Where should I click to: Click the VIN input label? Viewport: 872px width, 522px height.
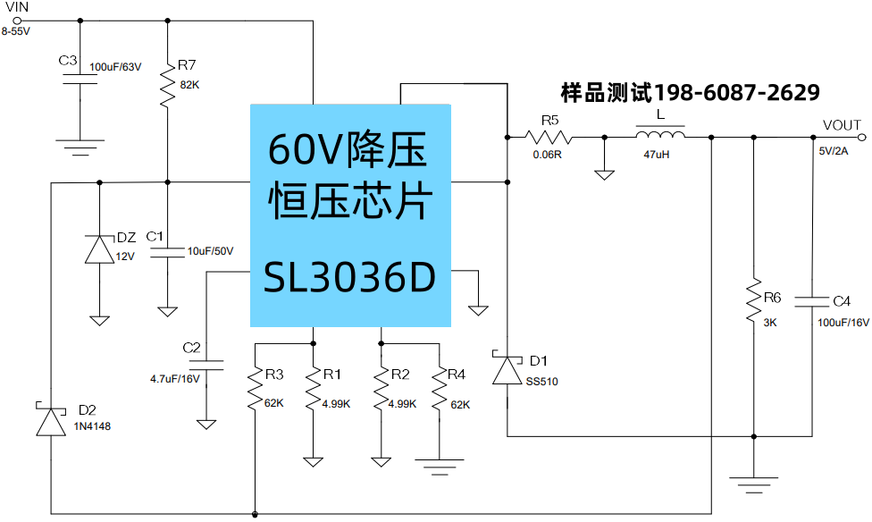17,7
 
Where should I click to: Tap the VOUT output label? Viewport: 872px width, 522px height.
842,125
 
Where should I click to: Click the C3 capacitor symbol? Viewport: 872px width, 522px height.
80,81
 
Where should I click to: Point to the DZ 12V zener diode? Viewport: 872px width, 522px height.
98,249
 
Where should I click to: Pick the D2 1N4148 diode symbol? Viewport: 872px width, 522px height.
51,420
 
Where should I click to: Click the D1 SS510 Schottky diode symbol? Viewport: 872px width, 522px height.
507,370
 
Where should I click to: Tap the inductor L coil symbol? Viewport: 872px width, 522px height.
660,136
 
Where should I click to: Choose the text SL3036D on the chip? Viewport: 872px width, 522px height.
349,280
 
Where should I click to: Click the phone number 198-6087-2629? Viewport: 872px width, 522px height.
737,92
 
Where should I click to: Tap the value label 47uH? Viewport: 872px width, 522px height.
656,155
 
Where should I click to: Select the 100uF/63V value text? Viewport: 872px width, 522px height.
115,67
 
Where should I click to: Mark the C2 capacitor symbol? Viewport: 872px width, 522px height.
206,365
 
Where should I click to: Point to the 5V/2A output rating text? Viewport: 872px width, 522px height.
836,150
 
